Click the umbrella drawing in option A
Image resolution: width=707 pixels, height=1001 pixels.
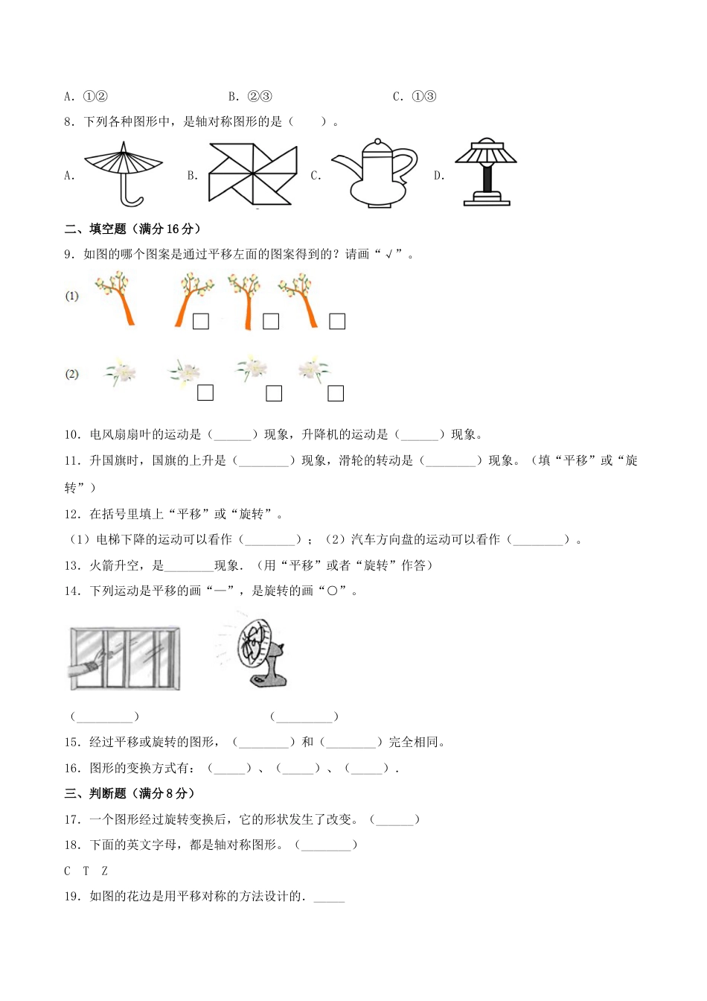[x=124, y=173]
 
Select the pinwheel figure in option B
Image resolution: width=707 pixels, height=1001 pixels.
[x=252, y=173]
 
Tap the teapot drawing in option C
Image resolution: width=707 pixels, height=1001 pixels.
[x=374, y=173]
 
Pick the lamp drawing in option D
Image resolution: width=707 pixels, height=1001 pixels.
[x=486, y=173]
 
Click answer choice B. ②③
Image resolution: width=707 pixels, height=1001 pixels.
[x=250, y=96]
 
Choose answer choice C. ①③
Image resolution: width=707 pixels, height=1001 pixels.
[x=415, y=96]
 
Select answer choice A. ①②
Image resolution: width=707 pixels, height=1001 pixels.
[x=86, y=96]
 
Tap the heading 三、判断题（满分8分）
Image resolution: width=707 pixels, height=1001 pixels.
[x=129, y=793]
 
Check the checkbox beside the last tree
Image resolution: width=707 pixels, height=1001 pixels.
[x=337, y=321]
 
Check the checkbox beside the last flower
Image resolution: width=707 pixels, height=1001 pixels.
[x=336, y=393]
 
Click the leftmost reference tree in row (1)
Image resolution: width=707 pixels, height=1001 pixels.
[x=117, y=298]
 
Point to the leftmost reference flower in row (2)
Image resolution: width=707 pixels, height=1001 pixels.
[x=119, y=372]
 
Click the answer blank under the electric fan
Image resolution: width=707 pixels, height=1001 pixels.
[x=304, y=716]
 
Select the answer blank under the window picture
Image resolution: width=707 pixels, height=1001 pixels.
[x=105, y=716]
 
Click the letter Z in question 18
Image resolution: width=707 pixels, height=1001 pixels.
[x=104, y=871]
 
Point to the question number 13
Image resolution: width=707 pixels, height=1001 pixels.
[x=72, y=565]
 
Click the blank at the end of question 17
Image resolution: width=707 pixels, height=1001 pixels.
[x=394, y=819]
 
